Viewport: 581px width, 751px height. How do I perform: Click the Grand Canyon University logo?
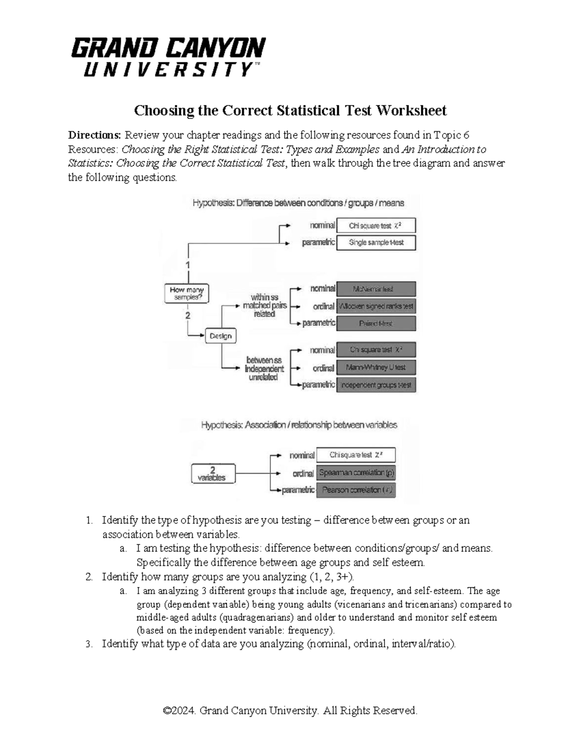click(168, 57)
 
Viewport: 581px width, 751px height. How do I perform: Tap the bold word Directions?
click(94, 135)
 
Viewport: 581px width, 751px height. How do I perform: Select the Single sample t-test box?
click(376, 243)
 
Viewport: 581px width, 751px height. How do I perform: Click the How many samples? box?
click(186, 294)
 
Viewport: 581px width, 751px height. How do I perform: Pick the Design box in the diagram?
click(221, 336)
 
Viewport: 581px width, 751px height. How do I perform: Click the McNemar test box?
click(376, 289)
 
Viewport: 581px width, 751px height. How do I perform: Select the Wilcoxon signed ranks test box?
click(376, 306)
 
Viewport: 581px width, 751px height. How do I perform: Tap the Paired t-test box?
click(376, 324)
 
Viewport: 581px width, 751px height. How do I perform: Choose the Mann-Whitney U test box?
click(376, 368)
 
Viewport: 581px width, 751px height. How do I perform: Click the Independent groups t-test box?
click(376, 385)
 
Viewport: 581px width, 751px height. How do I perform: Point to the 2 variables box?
click(213, 474)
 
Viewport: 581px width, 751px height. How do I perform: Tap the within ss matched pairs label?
click(264, 306)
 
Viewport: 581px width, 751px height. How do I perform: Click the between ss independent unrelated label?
click(263, 369)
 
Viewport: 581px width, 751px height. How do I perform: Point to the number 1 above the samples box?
click(188, 265)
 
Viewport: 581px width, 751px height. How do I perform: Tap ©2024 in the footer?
click(180, 711)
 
